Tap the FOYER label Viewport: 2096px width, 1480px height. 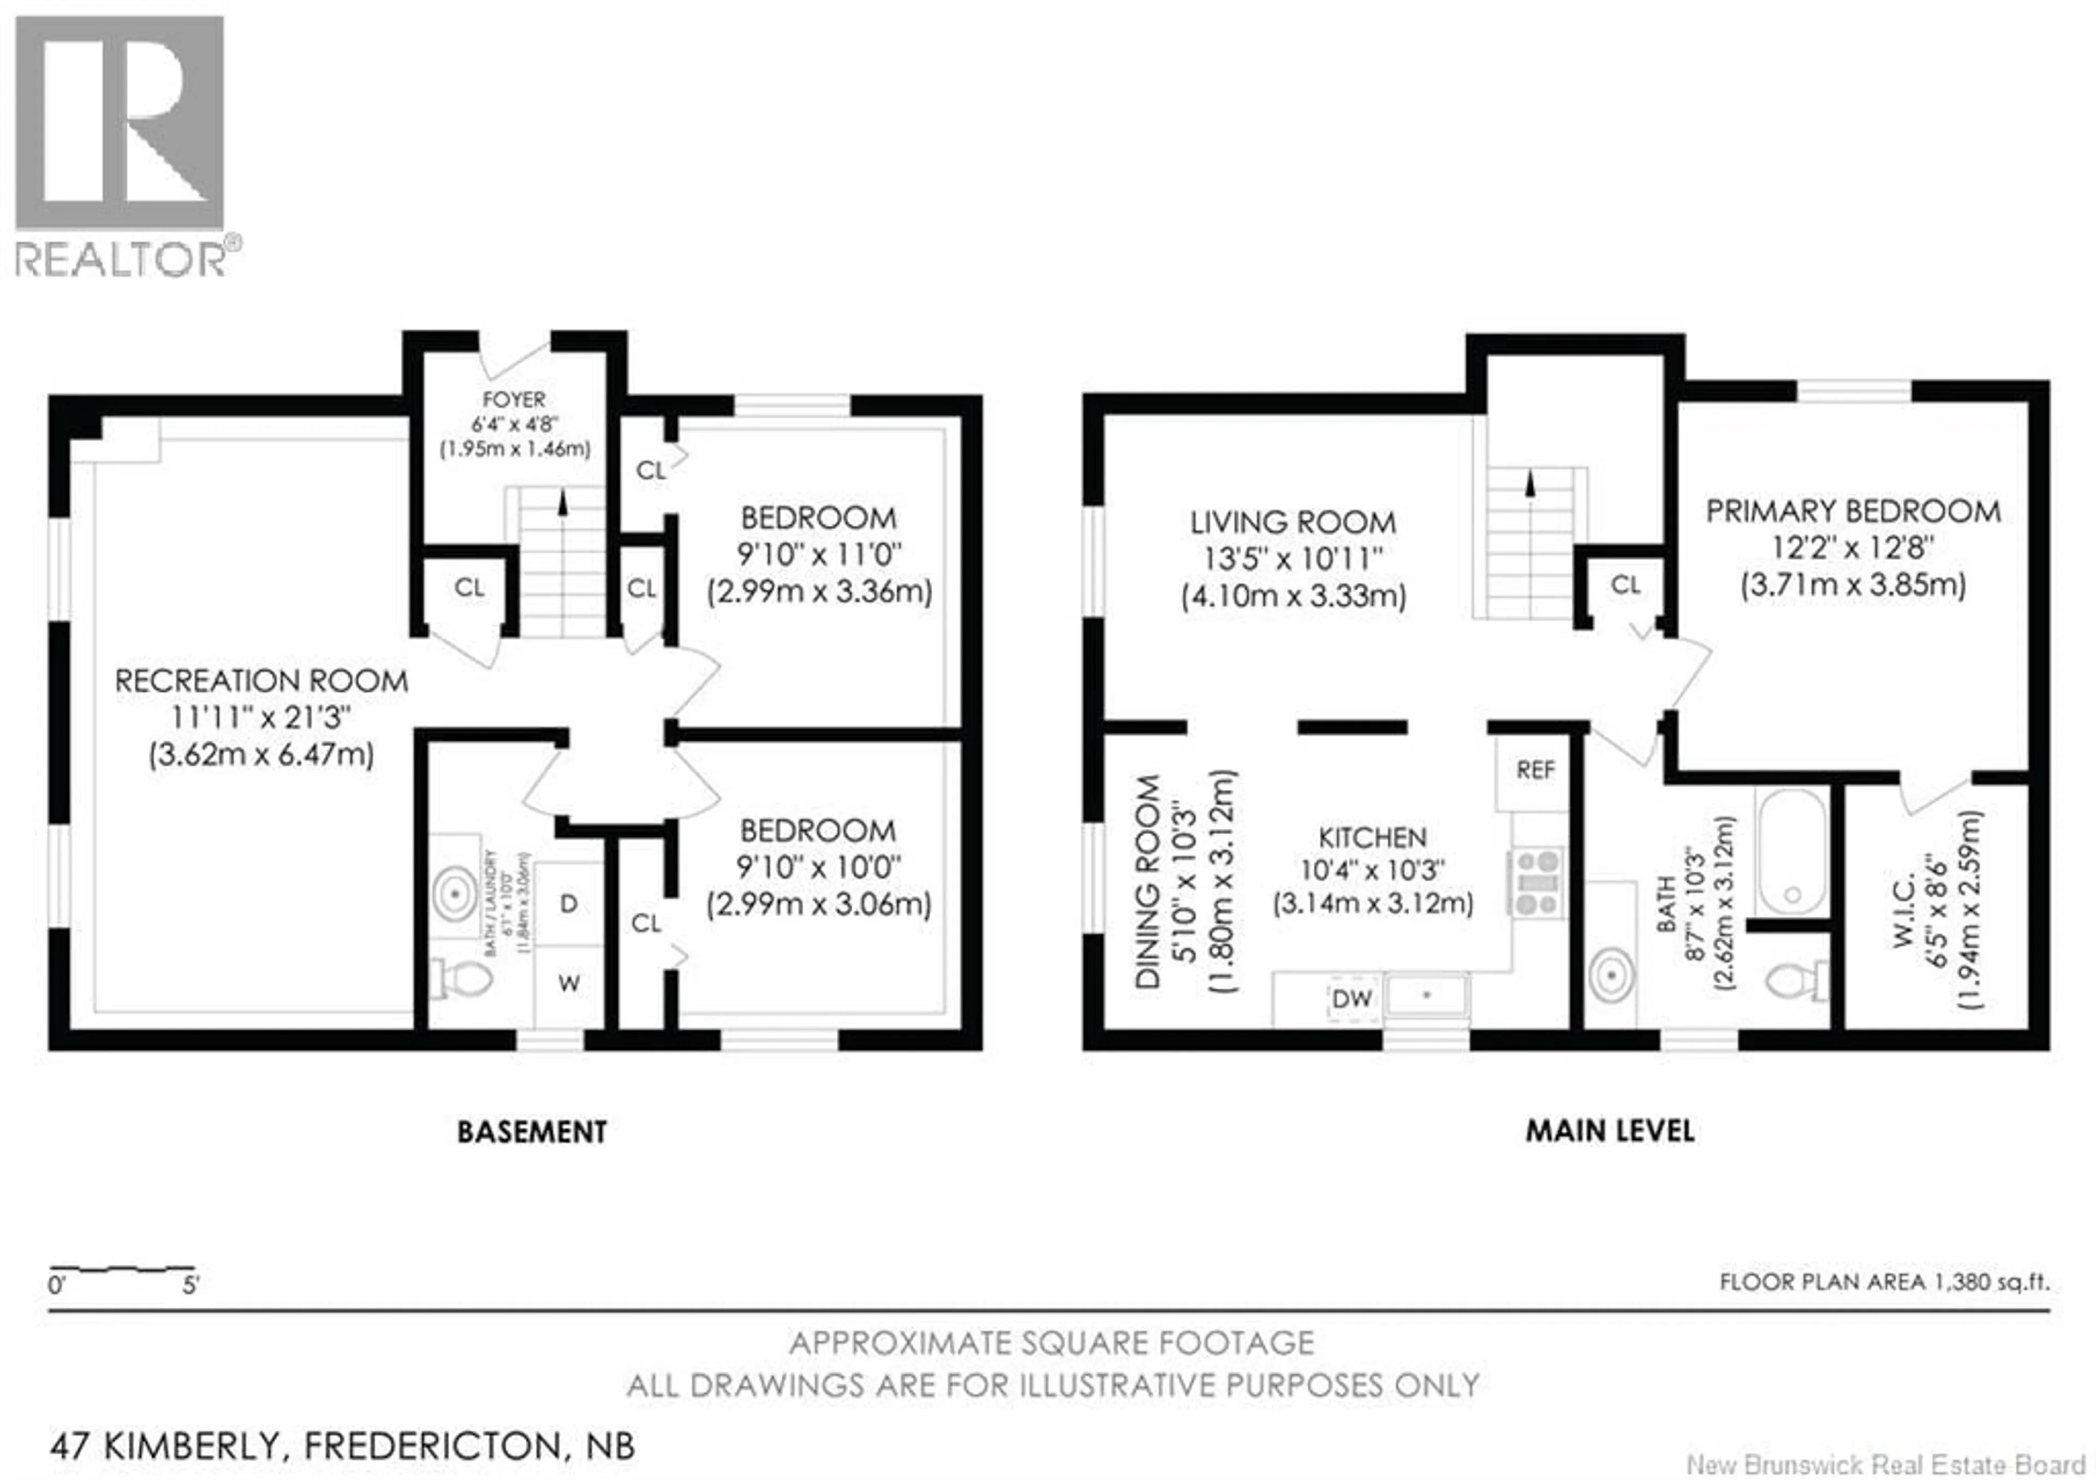pos(514,400)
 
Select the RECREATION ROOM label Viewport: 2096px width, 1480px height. pos(261,681)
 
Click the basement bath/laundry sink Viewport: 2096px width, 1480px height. pos(455,895)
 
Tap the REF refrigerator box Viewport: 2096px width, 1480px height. pos(1534,771)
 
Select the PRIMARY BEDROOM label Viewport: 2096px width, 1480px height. pos(1853,512)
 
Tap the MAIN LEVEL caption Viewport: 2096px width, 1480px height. pos(1610,1131)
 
